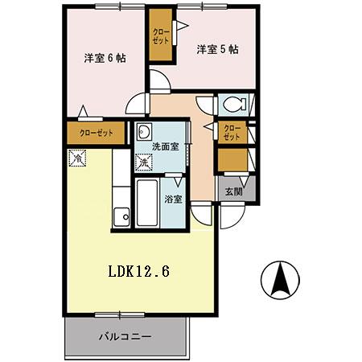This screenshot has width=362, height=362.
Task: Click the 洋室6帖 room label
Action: pyautogui.click(x=105, y=58)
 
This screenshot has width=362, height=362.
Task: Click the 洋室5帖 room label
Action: pyautogui.click(x=217, y=49)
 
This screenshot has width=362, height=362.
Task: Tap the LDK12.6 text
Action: pyautogui.click(x=138, y=272)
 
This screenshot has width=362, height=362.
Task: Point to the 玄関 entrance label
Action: pyautogui.click(x=232, y=191)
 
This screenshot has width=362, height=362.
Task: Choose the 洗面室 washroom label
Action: pyautogui.click(x=164, y=147)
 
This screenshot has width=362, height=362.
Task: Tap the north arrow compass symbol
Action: pyautogui.click(x=281, y=281)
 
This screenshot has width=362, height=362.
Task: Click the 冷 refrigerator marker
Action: pyautogui.click(x=78, y=158)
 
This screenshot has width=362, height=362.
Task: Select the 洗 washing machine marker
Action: pyautogui.click(x=143, y=162)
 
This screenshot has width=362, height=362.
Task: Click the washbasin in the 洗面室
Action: pyautogui.click(x=146, y=133)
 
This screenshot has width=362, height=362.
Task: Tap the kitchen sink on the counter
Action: pyautogui.click(x=122, y=216)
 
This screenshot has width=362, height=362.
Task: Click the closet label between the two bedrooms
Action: pyautogui.click(x=160, y=37)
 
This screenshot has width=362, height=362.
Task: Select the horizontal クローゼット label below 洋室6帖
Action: pyautogui.click(x=96, y=134)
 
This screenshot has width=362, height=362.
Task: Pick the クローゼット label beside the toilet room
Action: pyautogui.click(x=231, y=132)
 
